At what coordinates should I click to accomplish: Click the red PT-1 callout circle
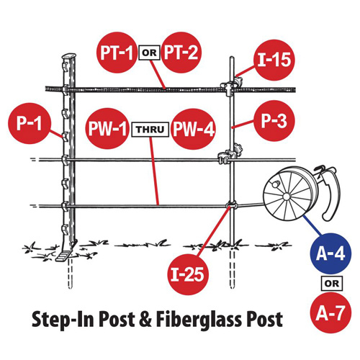(x=117, y=53)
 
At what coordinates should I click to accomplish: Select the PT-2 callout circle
(x=181, y=53)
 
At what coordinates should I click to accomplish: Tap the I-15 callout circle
(x=274, y=60)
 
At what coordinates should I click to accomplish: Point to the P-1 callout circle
(x=30, y=123)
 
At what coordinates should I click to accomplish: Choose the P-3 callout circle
(x=274, y=121)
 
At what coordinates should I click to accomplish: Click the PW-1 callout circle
(x=107, y=128)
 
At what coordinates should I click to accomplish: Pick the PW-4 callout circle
(x=194, y=129)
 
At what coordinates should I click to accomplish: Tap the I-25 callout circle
(x=188, y=274)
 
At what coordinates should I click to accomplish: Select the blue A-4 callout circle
(x=330, y=253)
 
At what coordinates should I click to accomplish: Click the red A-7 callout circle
(x=330, y=312)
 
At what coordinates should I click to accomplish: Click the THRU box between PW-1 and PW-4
(x=150, y=130)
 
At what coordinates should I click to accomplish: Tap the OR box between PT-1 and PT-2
(x=149, y=53)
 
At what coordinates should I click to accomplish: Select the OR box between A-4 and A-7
(x=332, y=284)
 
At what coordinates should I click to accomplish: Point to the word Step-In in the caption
(x=63, y=320)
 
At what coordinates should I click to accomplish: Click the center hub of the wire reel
(x=286, y=197)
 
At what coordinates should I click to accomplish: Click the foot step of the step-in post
(x=64, y=256)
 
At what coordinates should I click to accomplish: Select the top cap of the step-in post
(x=69, y=57)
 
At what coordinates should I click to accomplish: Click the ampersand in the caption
(x=145, y=319)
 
